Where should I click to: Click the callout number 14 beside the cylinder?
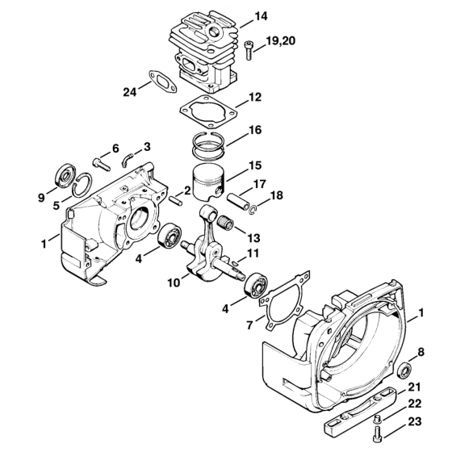point(261,16)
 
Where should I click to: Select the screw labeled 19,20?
point(249,51)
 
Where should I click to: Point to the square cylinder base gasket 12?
point(208,111)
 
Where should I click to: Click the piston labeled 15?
point(209,183)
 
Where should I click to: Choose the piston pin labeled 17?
point(238,202)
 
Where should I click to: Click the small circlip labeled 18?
point(253,210)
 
